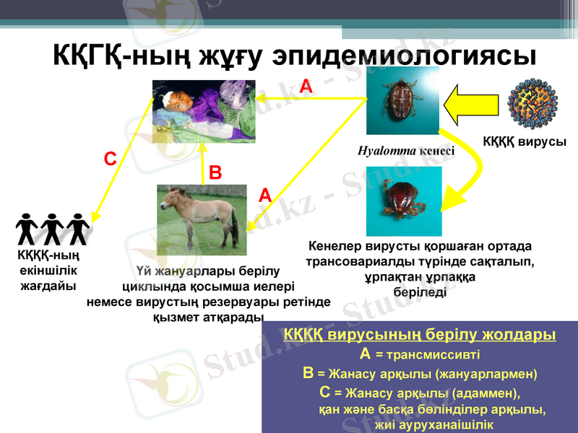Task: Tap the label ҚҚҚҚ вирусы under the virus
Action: [525, 142]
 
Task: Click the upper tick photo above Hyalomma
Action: [402, 100]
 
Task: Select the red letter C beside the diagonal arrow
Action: [110, 159]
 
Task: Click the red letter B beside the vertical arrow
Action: [215, 173]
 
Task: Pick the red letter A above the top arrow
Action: [306, 87]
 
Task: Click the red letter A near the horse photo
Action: [265, 195]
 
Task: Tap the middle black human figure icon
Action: [53, 229]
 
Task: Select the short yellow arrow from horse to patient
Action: [203, 165]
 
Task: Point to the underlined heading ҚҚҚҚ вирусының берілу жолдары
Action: [419, 336]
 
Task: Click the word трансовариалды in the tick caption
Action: [353, 261]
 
